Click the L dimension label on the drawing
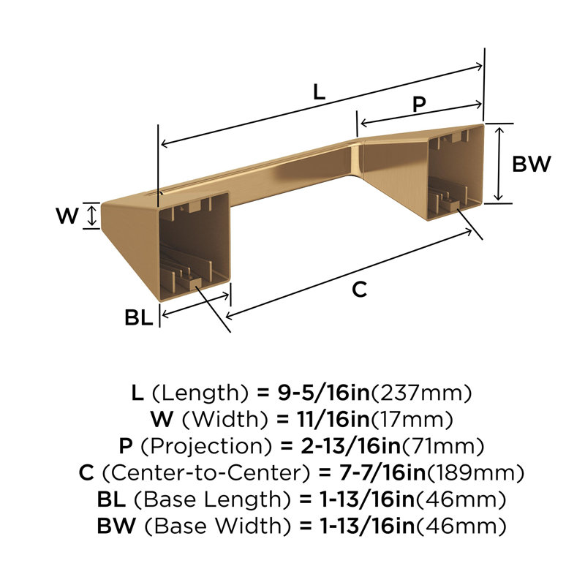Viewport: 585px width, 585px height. [x=319, y=92]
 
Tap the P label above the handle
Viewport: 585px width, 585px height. [x=418, y=105]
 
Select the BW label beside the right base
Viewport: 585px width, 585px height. [x=530, y=164]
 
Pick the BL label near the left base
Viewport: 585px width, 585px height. [x=138, y=317]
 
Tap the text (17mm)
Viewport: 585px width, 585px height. [x=416, y=419]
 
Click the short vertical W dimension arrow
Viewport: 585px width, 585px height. [x=91, y=216]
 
